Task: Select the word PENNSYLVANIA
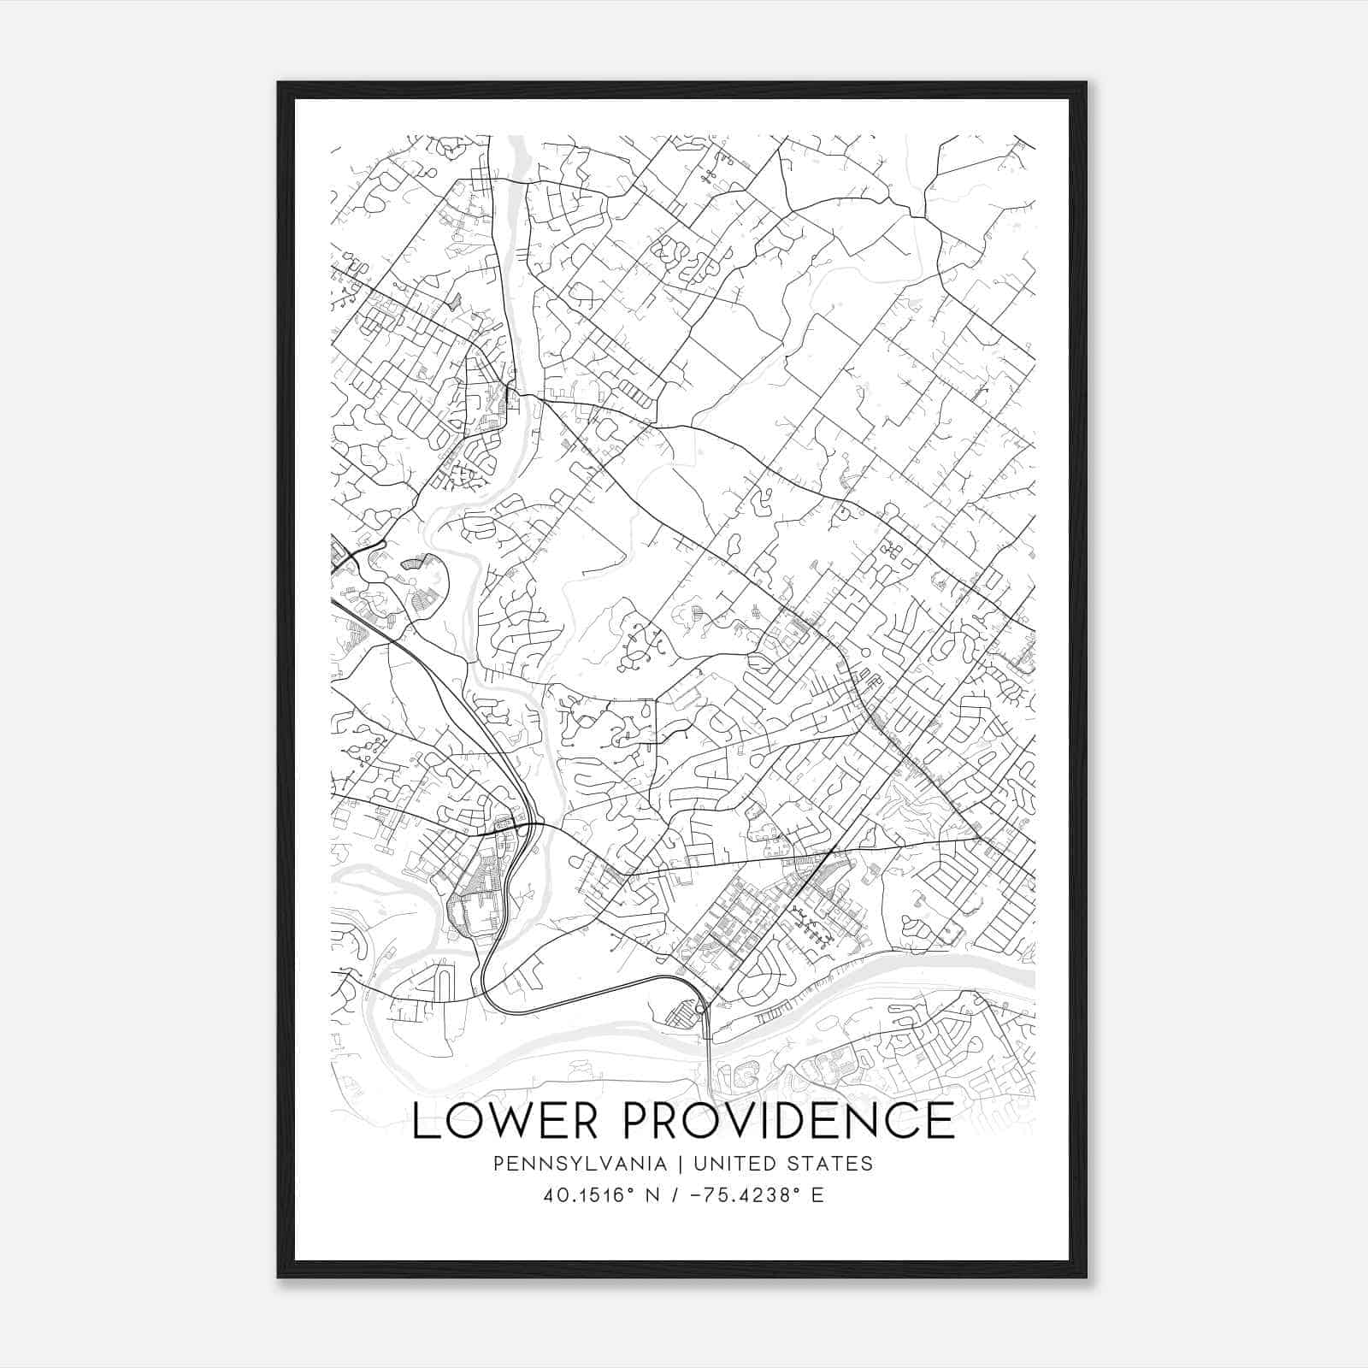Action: (568, 1164)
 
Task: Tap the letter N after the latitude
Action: (656, 1195)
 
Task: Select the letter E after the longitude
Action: (817, 1195)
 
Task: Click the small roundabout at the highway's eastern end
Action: (700, 1011)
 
